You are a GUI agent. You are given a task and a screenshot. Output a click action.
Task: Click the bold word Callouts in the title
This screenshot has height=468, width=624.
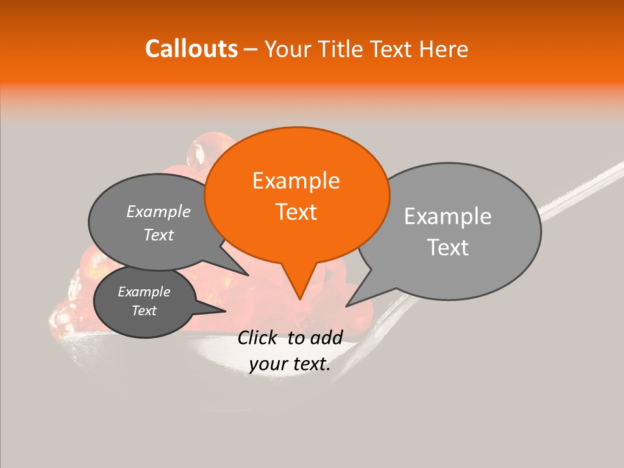coord(191,49)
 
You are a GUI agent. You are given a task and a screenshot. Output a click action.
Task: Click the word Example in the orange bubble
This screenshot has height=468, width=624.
coord(296,181)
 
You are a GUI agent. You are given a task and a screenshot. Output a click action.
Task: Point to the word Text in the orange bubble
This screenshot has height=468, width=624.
coord(296,211)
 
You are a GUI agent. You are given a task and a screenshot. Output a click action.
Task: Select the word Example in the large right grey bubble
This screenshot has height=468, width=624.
coord(448,216)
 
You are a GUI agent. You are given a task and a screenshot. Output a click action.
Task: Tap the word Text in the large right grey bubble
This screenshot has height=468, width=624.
coord(448,247)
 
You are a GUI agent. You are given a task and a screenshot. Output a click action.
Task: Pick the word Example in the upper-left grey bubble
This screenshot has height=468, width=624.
coord(159,211)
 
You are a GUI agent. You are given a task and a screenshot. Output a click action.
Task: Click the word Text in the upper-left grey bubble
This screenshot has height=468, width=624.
coord(159,235)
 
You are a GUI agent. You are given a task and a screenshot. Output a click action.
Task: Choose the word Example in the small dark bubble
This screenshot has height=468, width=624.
coord(144,292)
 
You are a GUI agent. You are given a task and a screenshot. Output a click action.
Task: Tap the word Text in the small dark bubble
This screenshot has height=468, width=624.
coord(144,311)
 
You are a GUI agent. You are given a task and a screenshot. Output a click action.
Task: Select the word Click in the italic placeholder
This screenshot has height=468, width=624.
coord(258,337)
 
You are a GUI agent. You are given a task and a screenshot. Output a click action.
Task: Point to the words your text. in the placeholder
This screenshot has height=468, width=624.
coord(289,364)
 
